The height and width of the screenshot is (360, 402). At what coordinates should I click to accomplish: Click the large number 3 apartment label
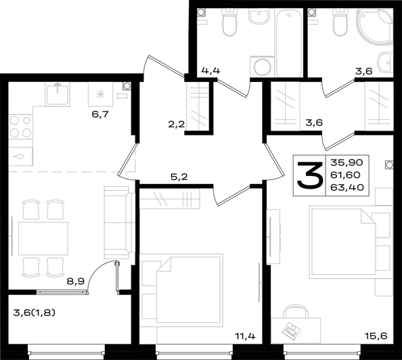309,175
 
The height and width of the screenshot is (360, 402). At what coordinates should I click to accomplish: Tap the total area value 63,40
347,187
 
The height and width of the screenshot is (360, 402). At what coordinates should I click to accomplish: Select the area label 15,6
376,336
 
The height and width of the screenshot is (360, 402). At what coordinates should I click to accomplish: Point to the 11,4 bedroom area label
246,336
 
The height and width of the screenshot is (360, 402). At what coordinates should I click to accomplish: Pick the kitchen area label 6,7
100,114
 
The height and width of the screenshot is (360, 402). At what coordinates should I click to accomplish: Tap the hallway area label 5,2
179,177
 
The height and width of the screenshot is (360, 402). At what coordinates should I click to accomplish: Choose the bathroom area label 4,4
210,70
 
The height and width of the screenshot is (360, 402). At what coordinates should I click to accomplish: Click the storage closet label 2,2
177,125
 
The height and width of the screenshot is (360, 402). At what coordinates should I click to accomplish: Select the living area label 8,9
75,282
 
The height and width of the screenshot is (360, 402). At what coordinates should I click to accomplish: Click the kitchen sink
58,94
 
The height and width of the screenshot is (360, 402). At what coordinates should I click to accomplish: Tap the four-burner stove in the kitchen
20,127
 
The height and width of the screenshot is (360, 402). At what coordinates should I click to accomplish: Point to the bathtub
289,43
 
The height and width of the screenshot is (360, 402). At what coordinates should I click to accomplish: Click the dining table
43,238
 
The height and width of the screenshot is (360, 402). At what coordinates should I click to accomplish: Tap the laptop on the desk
291,330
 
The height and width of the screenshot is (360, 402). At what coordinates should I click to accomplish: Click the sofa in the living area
120,223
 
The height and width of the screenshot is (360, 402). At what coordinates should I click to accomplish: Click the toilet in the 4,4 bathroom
229,22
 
